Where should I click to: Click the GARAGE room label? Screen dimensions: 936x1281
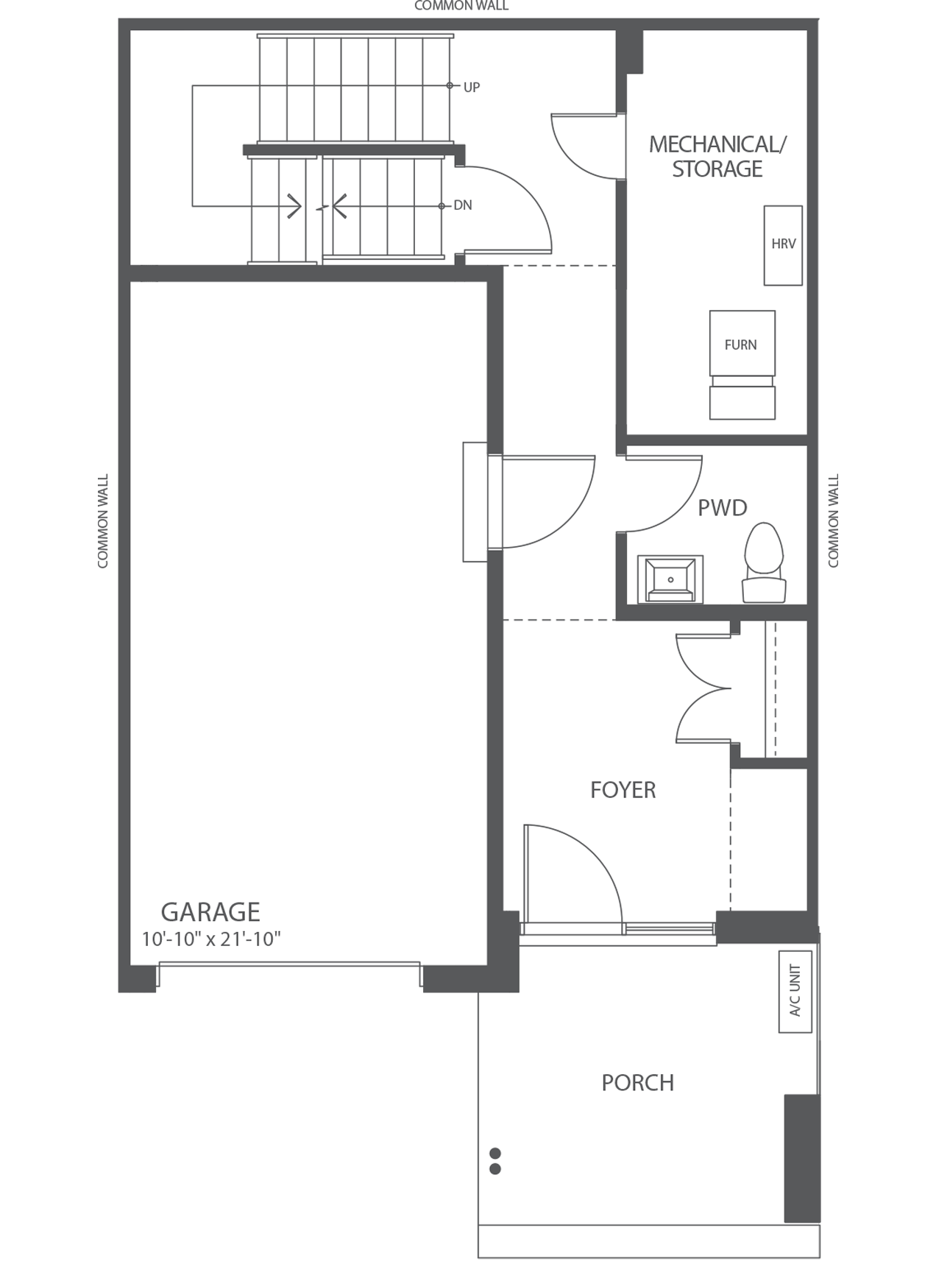(210, 912)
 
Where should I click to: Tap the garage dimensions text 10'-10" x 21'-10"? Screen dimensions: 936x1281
(211, 939)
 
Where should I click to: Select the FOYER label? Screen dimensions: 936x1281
(623, 790)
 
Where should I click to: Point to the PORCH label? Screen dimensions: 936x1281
(637, 1083)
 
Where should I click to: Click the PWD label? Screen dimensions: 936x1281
(722, 508)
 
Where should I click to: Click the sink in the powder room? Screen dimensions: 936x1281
(670, 579)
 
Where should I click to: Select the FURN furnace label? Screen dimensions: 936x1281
(740, 345)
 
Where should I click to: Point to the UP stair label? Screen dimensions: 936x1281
(472, 87)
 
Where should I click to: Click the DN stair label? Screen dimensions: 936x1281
(463, 205)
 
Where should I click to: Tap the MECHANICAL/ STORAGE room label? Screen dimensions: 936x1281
(717, 156)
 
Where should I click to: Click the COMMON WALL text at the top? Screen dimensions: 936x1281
(461, 6)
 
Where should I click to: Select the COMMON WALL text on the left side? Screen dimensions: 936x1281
(103, 520)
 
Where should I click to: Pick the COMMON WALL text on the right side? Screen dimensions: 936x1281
(834, 520)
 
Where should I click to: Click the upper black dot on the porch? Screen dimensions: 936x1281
(495, 1153)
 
